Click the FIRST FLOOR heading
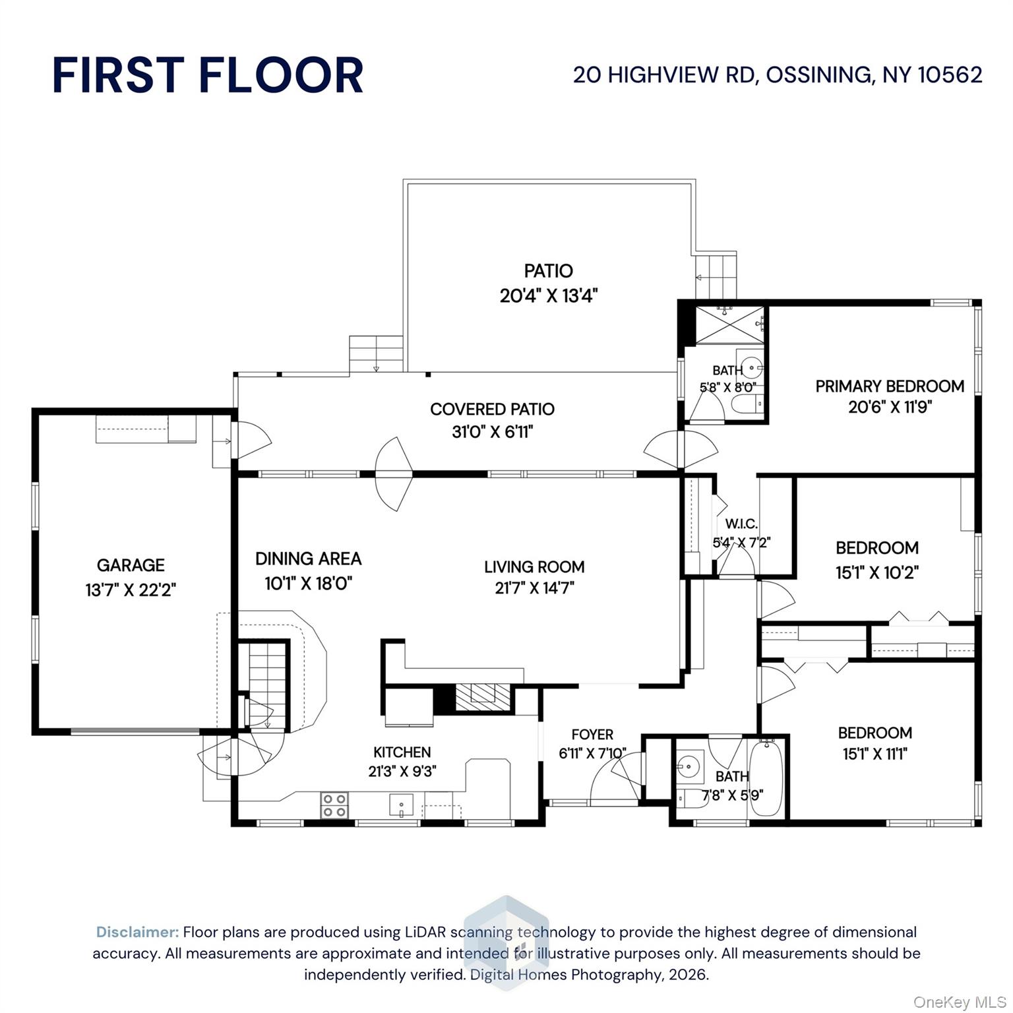coord(208,75)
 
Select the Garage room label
coord(131,565)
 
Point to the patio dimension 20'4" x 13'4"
coord(548,295)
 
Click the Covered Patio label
coord(492,410)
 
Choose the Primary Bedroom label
coord(889,386)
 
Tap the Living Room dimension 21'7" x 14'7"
coord(534,588)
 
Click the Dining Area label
coord(308,559)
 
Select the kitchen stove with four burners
coord(334,805)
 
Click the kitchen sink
coord(401,805)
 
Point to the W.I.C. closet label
coord(741,524)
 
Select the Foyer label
coord(592,735)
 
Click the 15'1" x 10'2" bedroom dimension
coord(876,572)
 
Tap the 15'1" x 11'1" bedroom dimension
coord(875,754)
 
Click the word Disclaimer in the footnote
coord(137,932)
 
